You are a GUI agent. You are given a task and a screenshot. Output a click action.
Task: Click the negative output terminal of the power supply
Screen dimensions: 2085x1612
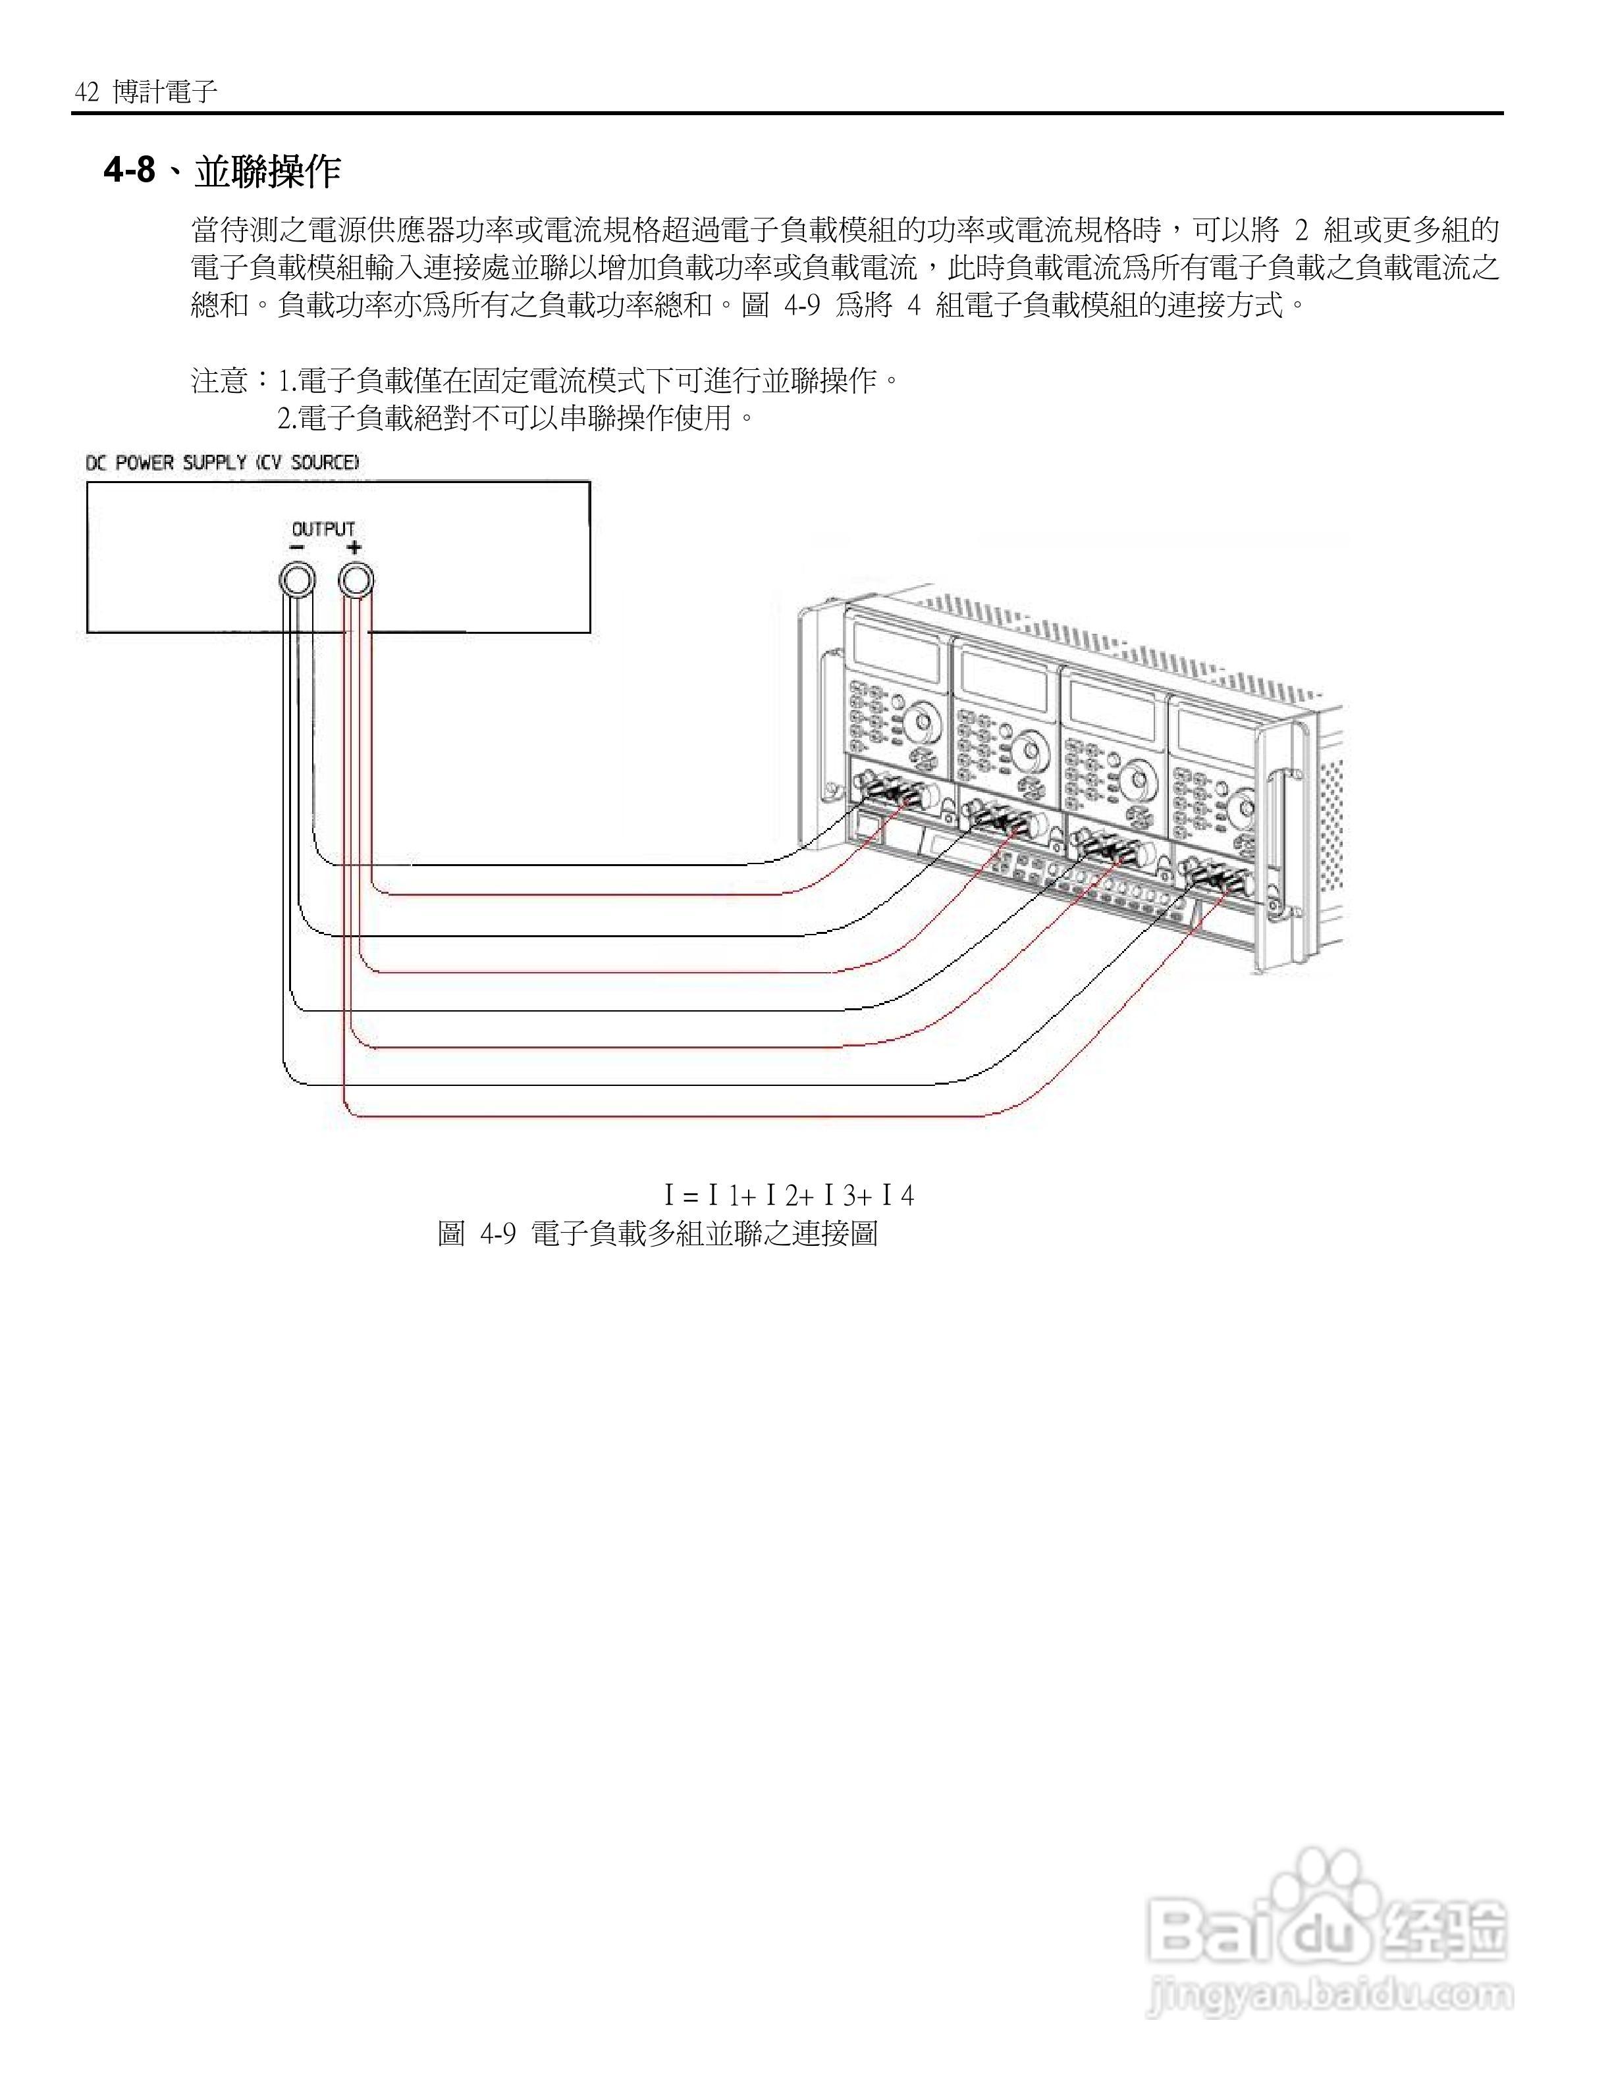point(296,579)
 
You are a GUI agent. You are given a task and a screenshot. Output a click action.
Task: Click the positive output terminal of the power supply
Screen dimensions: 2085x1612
point(355,579)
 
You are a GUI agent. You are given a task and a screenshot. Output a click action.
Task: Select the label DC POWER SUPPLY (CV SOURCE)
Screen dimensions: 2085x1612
point(223,463)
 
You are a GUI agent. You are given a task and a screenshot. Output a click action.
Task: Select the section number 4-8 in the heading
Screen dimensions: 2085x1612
point(130,172)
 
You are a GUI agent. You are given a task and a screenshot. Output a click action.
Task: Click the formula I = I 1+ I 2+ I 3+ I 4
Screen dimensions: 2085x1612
point(789,1195)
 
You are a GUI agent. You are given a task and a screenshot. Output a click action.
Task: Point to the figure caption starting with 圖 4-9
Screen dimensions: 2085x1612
point(657,1233)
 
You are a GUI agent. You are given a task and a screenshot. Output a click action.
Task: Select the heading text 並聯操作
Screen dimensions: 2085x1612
point(267,172)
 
